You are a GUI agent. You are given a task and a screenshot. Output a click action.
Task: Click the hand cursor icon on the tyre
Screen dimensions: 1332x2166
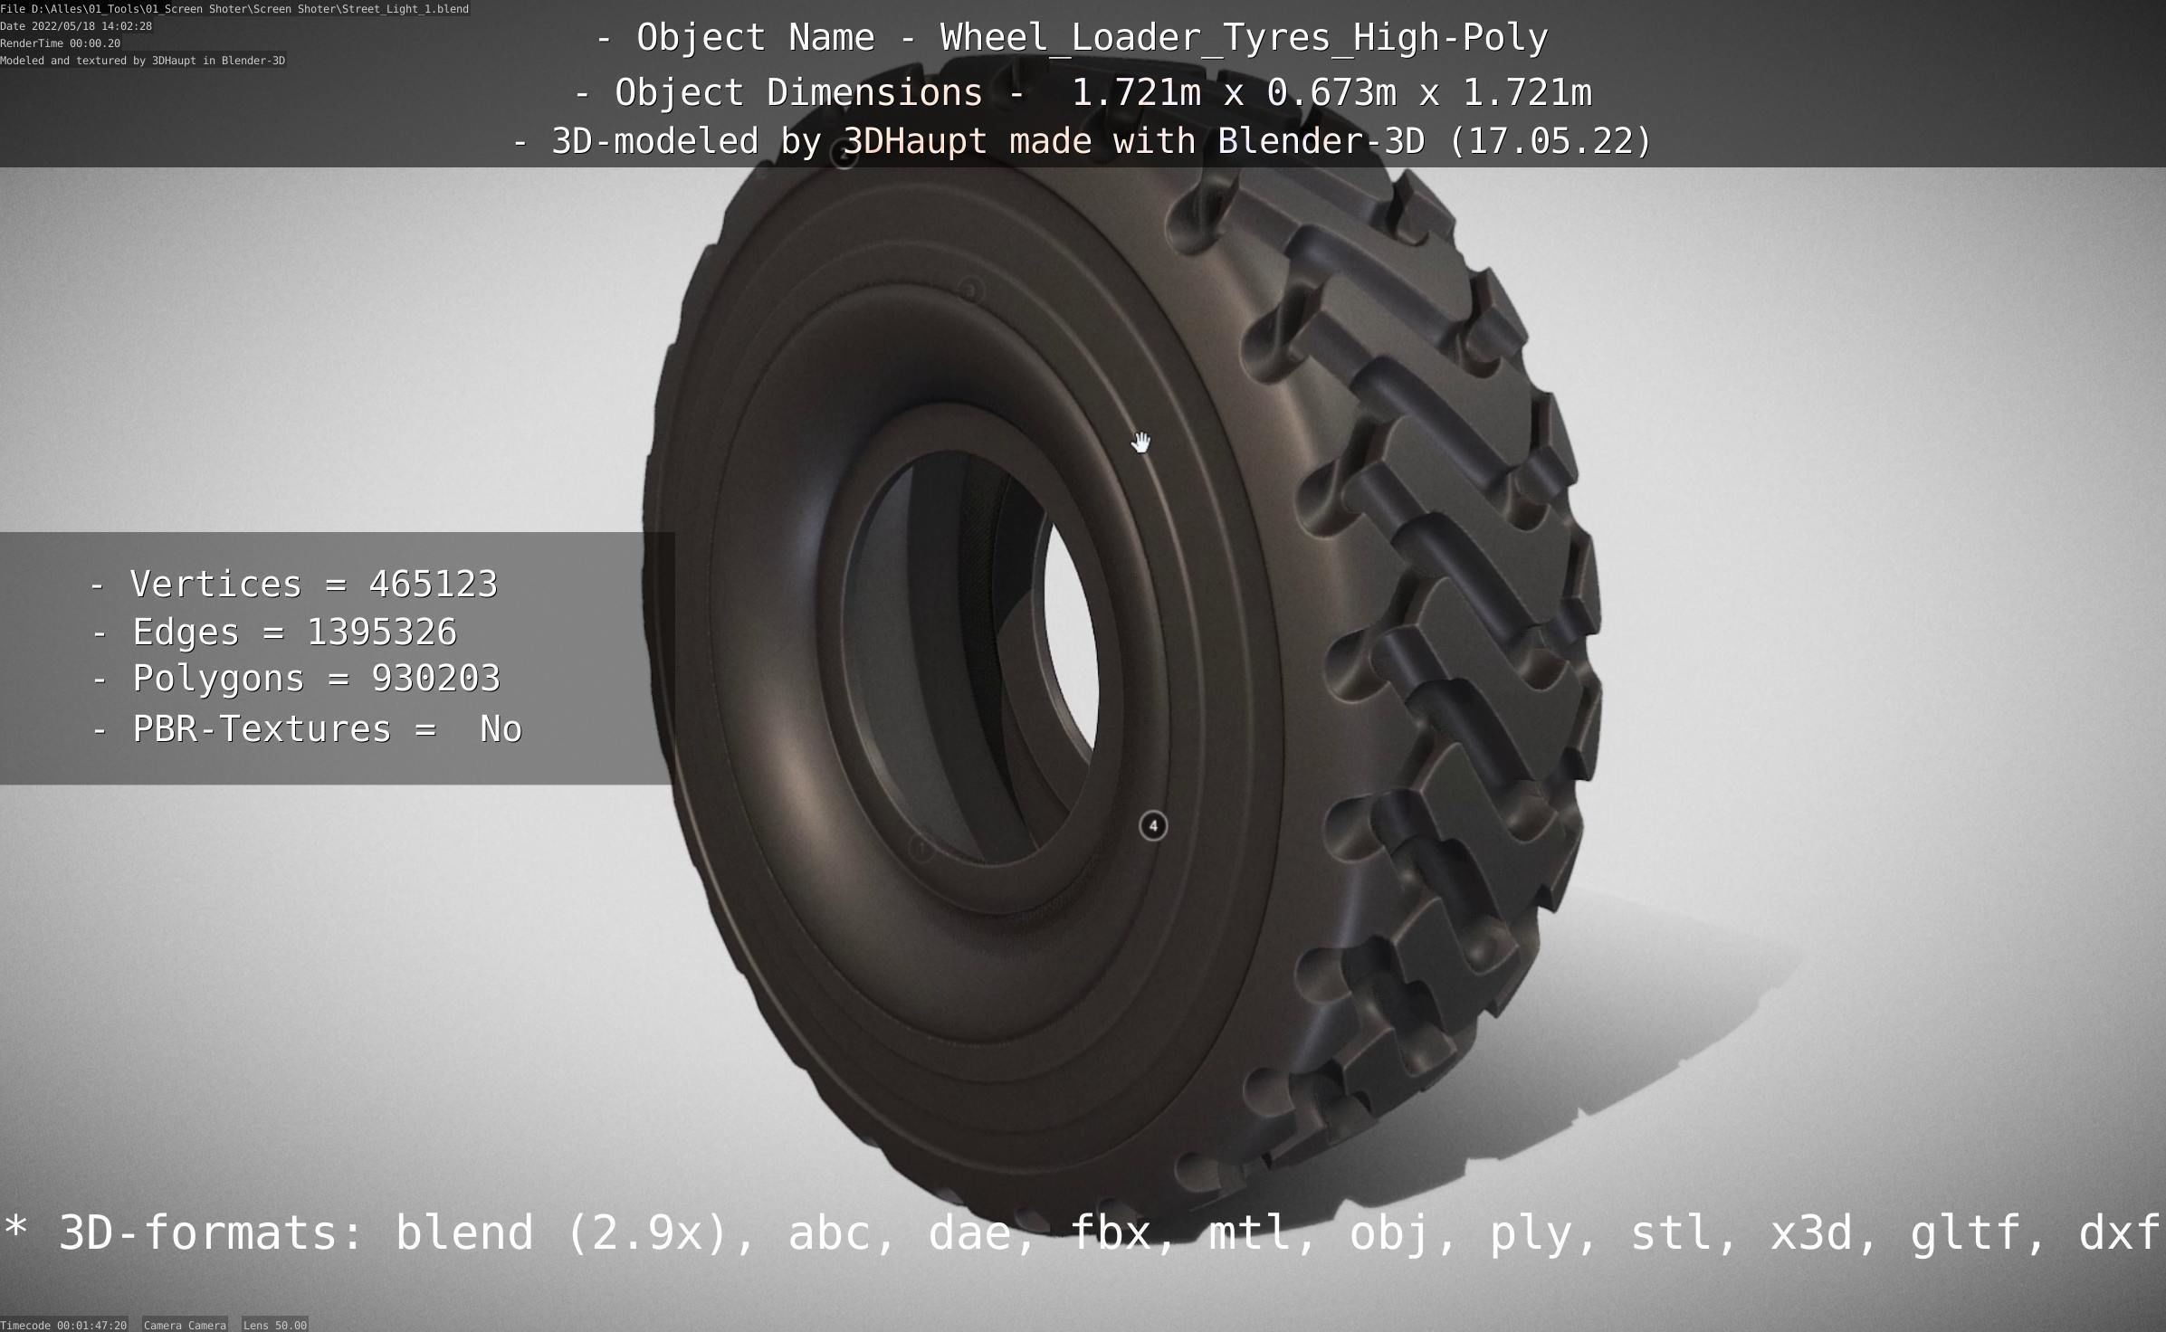pyautogui.click(x=1140, y=442)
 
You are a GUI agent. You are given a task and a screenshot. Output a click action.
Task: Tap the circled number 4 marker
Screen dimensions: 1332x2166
pyautogui.click(x=1152, y=825)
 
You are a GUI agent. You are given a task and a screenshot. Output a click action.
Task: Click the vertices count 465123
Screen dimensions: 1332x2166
pyautogui.click(x=433, y=584)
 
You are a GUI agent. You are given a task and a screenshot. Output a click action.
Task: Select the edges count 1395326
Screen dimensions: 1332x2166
pyautogui.click(x=382, y=632)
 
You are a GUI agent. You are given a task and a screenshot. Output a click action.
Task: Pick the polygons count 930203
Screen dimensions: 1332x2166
pyautogui.click(x=435, y=679)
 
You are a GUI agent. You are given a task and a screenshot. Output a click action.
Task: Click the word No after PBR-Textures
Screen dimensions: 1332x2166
pyautogui.click(x=501, y=729)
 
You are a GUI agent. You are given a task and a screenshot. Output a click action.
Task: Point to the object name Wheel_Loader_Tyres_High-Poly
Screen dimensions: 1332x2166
pyautogui.click(x=1244, y=38)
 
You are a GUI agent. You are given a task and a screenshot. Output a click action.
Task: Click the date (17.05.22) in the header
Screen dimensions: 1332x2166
pyautogui.click(x=1551, y=141)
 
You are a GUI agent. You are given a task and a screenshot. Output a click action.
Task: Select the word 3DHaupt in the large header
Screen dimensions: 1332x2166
pyautogui.click(x=915, y=141)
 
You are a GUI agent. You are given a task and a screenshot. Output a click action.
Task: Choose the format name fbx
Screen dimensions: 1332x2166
pyautogui.click(x=1111, y=1232)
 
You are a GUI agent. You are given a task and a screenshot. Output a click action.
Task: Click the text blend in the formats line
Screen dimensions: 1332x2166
pyautogui.click(x=464, y=1232)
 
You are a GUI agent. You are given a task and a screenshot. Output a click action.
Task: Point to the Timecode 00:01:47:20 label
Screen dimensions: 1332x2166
pyautogui.click(x=63, y=1325)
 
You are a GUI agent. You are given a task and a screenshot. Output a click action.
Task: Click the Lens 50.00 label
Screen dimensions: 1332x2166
pyautogui.click(x=275, y=1325)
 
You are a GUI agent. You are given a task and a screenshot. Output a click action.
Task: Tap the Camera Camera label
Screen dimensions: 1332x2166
pyautogui.click(x=185, y=1325)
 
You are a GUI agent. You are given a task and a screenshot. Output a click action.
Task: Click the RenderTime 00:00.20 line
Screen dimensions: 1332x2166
pyautogui.click(x=60, y=43)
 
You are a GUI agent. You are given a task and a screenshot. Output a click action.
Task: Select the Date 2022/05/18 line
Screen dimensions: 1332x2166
pyautogui.click(x=76, y=26)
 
